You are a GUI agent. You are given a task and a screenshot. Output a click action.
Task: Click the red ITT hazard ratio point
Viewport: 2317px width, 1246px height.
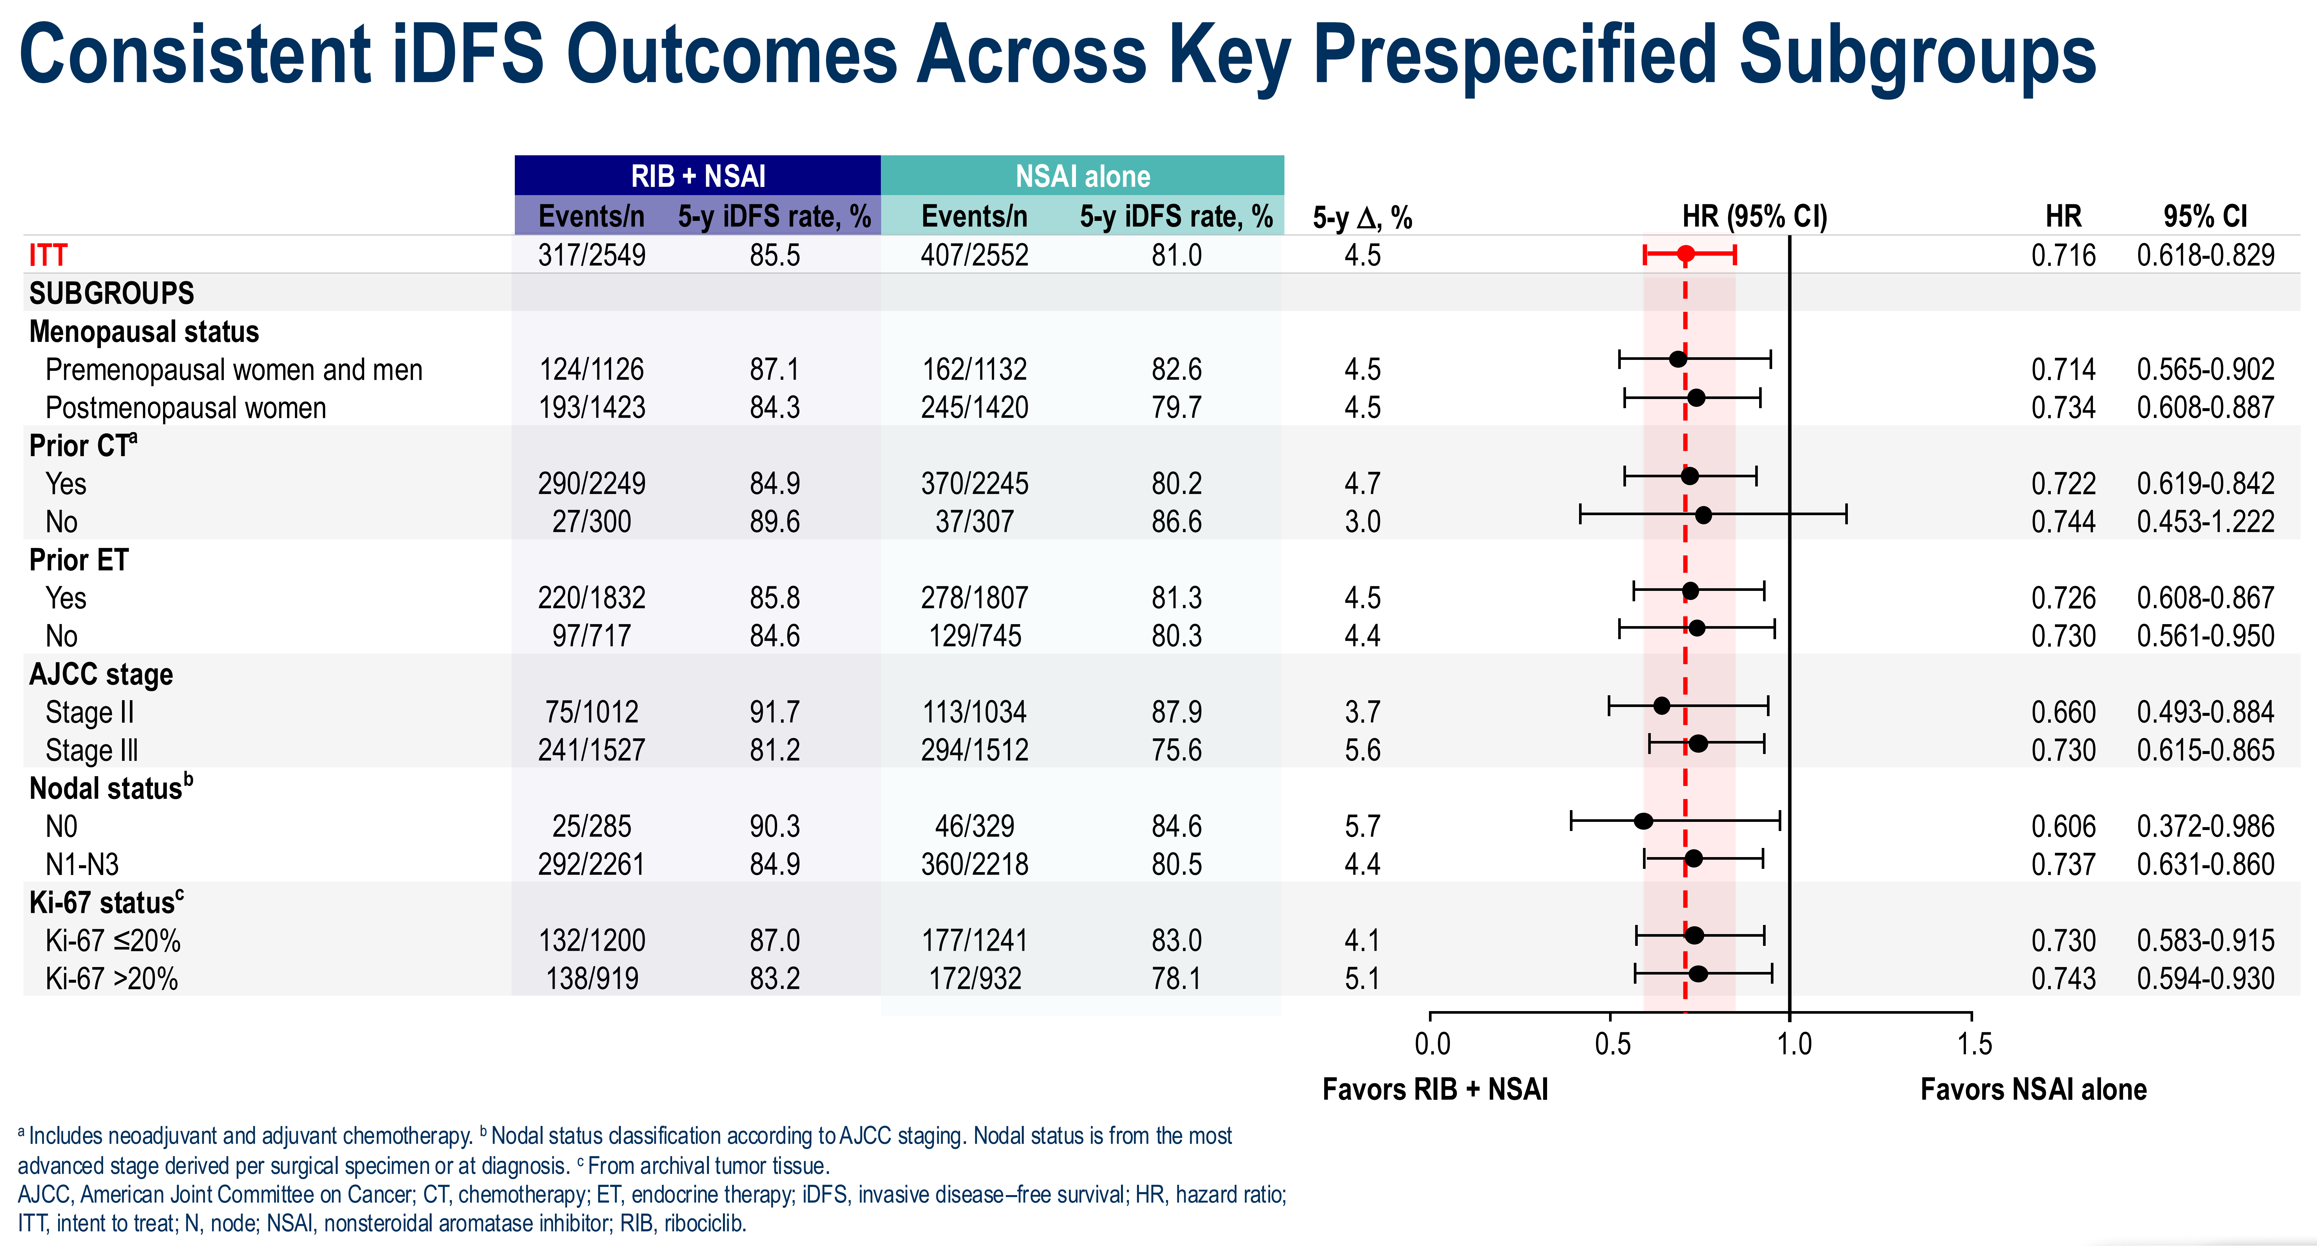tap(1685, 254)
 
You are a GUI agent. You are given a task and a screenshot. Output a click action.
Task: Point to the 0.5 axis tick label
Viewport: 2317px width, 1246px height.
tap(1612, 1044)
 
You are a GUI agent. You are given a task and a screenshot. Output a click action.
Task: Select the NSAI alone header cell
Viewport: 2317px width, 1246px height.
tap(1082, 176)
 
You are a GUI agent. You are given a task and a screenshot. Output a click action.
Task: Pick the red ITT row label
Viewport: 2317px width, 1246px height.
tap(48, 255)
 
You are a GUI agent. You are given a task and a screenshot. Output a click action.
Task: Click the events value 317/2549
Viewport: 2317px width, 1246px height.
tap(592, 255)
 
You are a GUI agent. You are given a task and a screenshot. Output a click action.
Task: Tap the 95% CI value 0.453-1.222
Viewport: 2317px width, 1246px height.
tap(2205, 522)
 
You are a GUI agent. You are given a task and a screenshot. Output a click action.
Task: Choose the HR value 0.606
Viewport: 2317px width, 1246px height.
tap(2063, 826)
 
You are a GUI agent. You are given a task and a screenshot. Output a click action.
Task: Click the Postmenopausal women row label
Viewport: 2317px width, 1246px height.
tap(185, 408)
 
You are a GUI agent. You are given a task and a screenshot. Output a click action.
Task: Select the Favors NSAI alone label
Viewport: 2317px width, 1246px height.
tap(2033, 1089)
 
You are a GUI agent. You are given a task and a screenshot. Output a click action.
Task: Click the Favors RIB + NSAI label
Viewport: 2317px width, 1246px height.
tap(1435, 1089)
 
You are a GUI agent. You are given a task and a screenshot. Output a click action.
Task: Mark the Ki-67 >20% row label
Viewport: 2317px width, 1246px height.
tap(112, 979)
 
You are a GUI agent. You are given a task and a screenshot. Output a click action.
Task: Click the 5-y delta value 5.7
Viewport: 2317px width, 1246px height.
tap(1362, 826)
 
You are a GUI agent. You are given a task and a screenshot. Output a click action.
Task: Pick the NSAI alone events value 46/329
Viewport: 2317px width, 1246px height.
tap(974, 826)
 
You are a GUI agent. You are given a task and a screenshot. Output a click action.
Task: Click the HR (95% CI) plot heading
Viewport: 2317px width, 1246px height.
tap(1754, 217)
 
